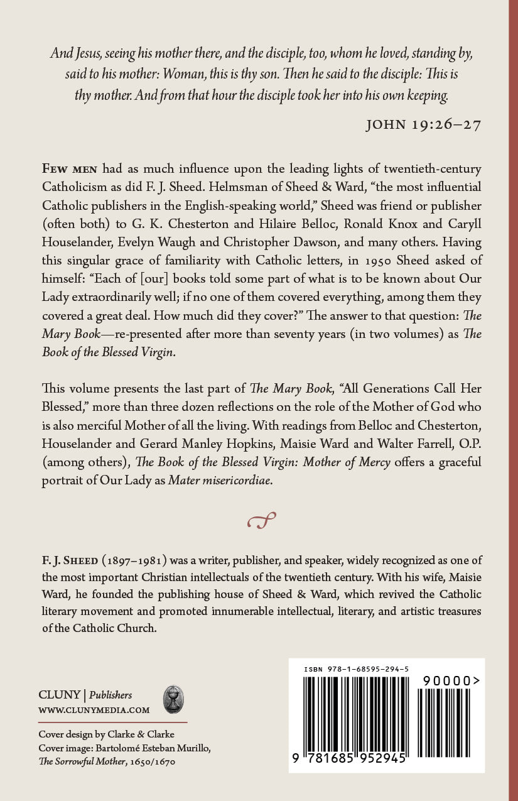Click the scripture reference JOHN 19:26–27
point(423,124)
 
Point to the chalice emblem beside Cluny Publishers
point(173,700)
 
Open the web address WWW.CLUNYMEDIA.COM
point(94,711)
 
